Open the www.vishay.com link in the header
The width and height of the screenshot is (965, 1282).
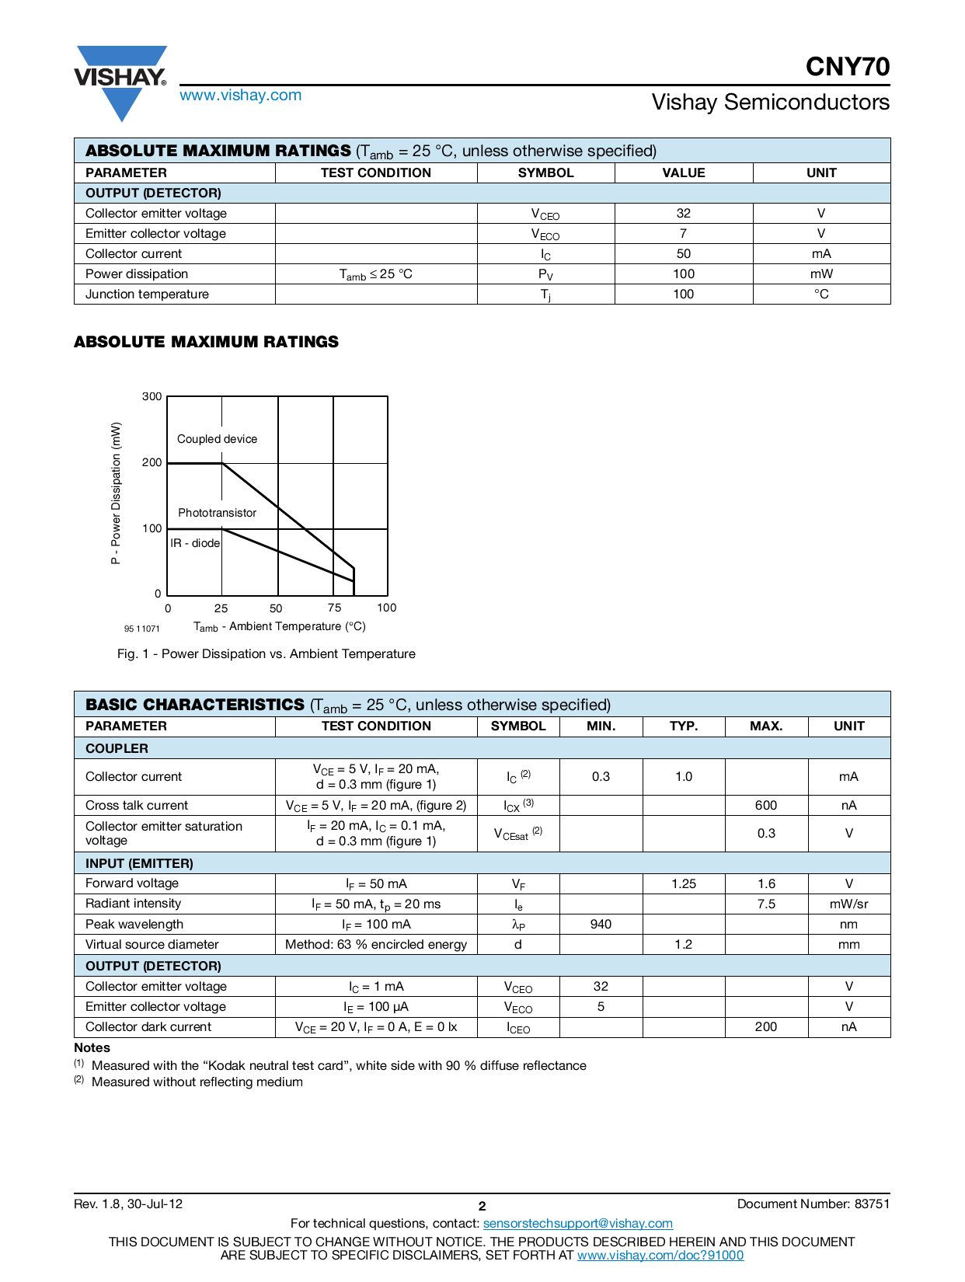(x=240, y=95)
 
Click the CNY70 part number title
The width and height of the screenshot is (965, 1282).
(x=847, y=67)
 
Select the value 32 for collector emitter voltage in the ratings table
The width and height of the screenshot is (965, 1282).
(x=683, y=213)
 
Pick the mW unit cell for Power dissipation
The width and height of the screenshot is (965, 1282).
(x=820, y=273)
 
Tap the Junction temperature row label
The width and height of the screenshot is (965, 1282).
(x=147, y=294)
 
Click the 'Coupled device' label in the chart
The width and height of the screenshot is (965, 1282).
(x=217, y=439)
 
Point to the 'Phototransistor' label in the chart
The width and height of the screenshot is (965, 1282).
(x=217, y=513)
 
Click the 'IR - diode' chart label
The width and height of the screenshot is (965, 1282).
(x=195, y=543)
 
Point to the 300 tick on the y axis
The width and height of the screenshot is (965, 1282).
(x=152, y=396)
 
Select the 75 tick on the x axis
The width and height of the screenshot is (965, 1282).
(x=334, y=608)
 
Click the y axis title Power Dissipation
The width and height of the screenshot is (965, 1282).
(x=116, y=493)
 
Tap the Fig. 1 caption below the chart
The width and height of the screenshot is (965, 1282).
(x=266, y=653)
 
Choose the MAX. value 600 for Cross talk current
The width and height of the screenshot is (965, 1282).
(x=765, y=805)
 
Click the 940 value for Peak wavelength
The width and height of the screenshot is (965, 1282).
(x=601, y=924)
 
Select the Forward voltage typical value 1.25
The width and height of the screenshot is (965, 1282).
(x=683, y=883)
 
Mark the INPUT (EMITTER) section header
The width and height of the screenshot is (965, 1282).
(x=139, y=863)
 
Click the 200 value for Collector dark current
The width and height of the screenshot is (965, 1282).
(x=765, y=1026)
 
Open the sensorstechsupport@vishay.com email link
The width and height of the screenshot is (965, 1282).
(x=577, y=1223)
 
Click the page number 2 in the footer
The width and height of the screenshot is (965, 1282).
(x=482, y=1206)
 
